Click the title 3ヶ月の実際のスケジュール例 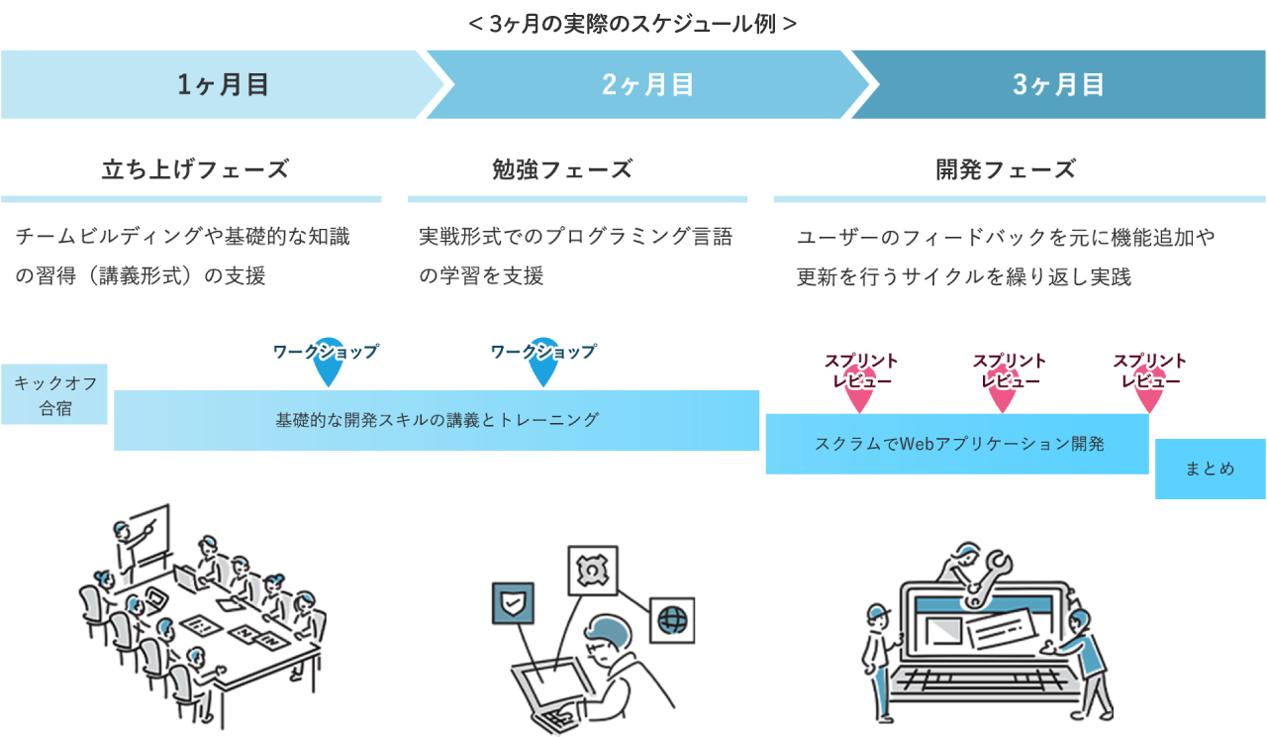633,23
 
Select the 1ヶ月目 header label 224,85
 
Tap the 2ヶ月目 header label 647,85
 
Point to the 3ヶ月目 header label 1058,85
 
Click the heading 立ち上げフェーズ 195,169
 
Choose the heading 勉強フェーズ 561,169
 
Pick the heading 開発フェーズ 1006,169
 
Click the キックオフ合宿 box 54,394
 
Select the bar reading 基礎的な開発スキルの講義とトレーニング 437,420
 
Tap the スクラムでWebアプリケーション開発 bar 958,444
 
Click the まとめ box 1210,469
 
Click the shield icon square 513,603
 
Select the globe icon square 672,620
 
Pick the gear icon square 592,571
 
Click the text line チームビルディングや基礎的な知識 183,237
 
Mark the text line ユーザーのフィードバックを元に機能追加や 1006,238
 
